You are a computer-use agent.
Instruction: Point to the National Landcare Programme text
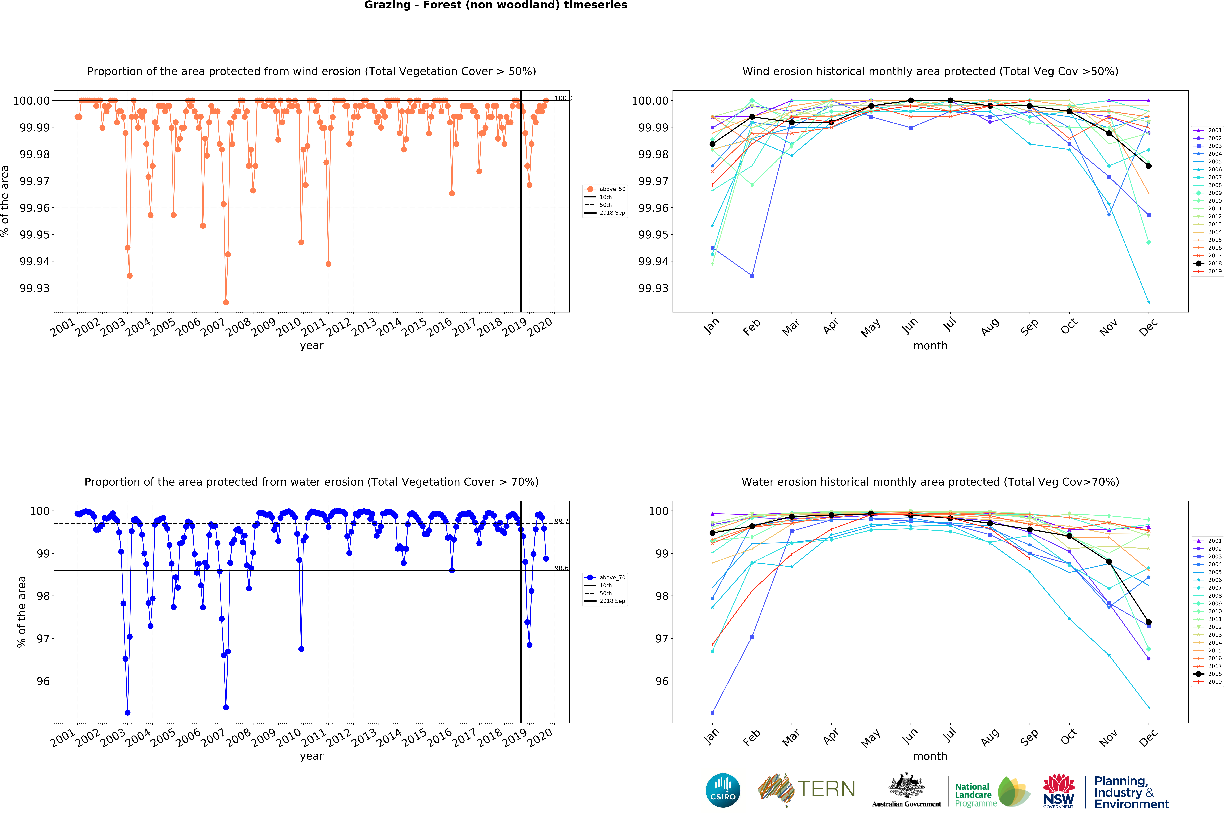coord(975,794)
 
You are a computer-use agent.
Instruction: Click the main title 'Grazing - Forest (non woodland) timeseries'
coord(496,5)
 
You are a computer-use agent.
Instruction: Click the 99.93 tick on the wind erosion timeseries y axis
coord(35,288)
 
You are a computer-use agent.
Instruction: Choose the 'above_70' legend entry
coord(612,578)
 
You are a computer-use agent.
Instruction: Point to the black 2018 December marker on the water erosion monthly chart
coord(1149,622)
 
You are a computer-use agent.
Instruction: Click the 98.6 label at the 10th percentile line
coord(561,568)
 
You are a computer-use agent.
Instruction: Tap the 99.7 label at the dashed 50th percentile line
coord(561,521)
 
